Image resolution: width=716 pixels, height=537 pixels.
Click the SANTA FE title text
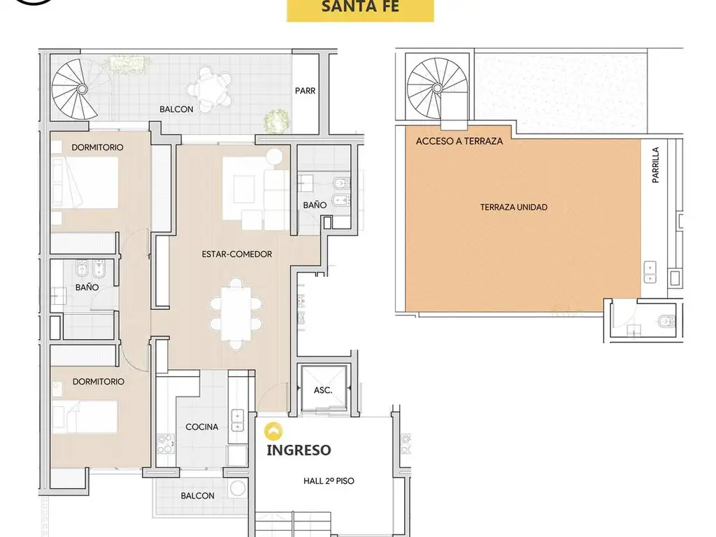[x=360, y=6]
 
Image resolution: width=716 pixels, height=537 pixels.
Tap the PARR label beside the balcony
[x=305, y=91]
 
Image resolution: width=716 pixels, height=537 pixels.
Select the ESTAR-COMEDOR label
[x=237, y=254]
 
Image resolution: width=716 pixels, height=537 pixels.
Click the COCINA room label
[x=202, y=427]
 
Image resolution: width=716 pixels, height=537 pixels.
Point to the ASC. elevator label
[x=323, y=390]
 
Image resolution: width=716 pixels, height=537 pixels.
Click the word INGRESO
[x=299, y=450]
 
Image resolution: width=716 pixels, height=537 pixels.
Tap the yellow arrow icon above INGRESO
[x=273, y=431]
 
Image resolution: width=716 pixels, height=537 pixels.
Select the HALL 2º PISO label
[x=329, y=481]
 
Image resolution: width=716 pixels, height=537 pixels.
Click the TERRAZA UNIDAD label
[x=514, y=207]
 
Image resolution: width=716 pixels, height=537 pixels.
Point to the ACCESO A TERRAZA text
[x=459, y=141]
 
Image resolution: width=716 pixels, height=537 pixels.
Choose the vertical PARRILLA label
[x=656, y=165]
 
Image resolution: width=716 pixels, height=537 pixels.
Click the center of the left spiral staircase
[x=82, y=89]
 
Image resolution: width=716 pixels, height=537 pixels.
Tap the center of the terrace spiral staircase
[x=437, y=87]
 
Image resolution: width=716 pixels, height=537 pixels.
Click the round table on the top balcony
[x=210, y=88]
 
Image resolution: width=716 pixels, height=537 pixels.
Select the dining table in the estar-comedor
[x=236, y=314]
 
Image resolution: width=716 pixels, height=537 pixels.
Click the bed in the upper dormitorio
[x=85, y=183]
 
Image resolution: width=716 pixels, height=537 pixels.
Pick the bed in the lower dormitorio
[x=85, y=417]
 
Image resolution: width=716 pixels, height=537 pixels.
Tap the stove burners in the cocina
[x=166, y=444]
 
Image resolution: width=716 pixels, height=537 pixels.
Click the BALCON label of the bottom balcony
[x=197, y=496]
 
